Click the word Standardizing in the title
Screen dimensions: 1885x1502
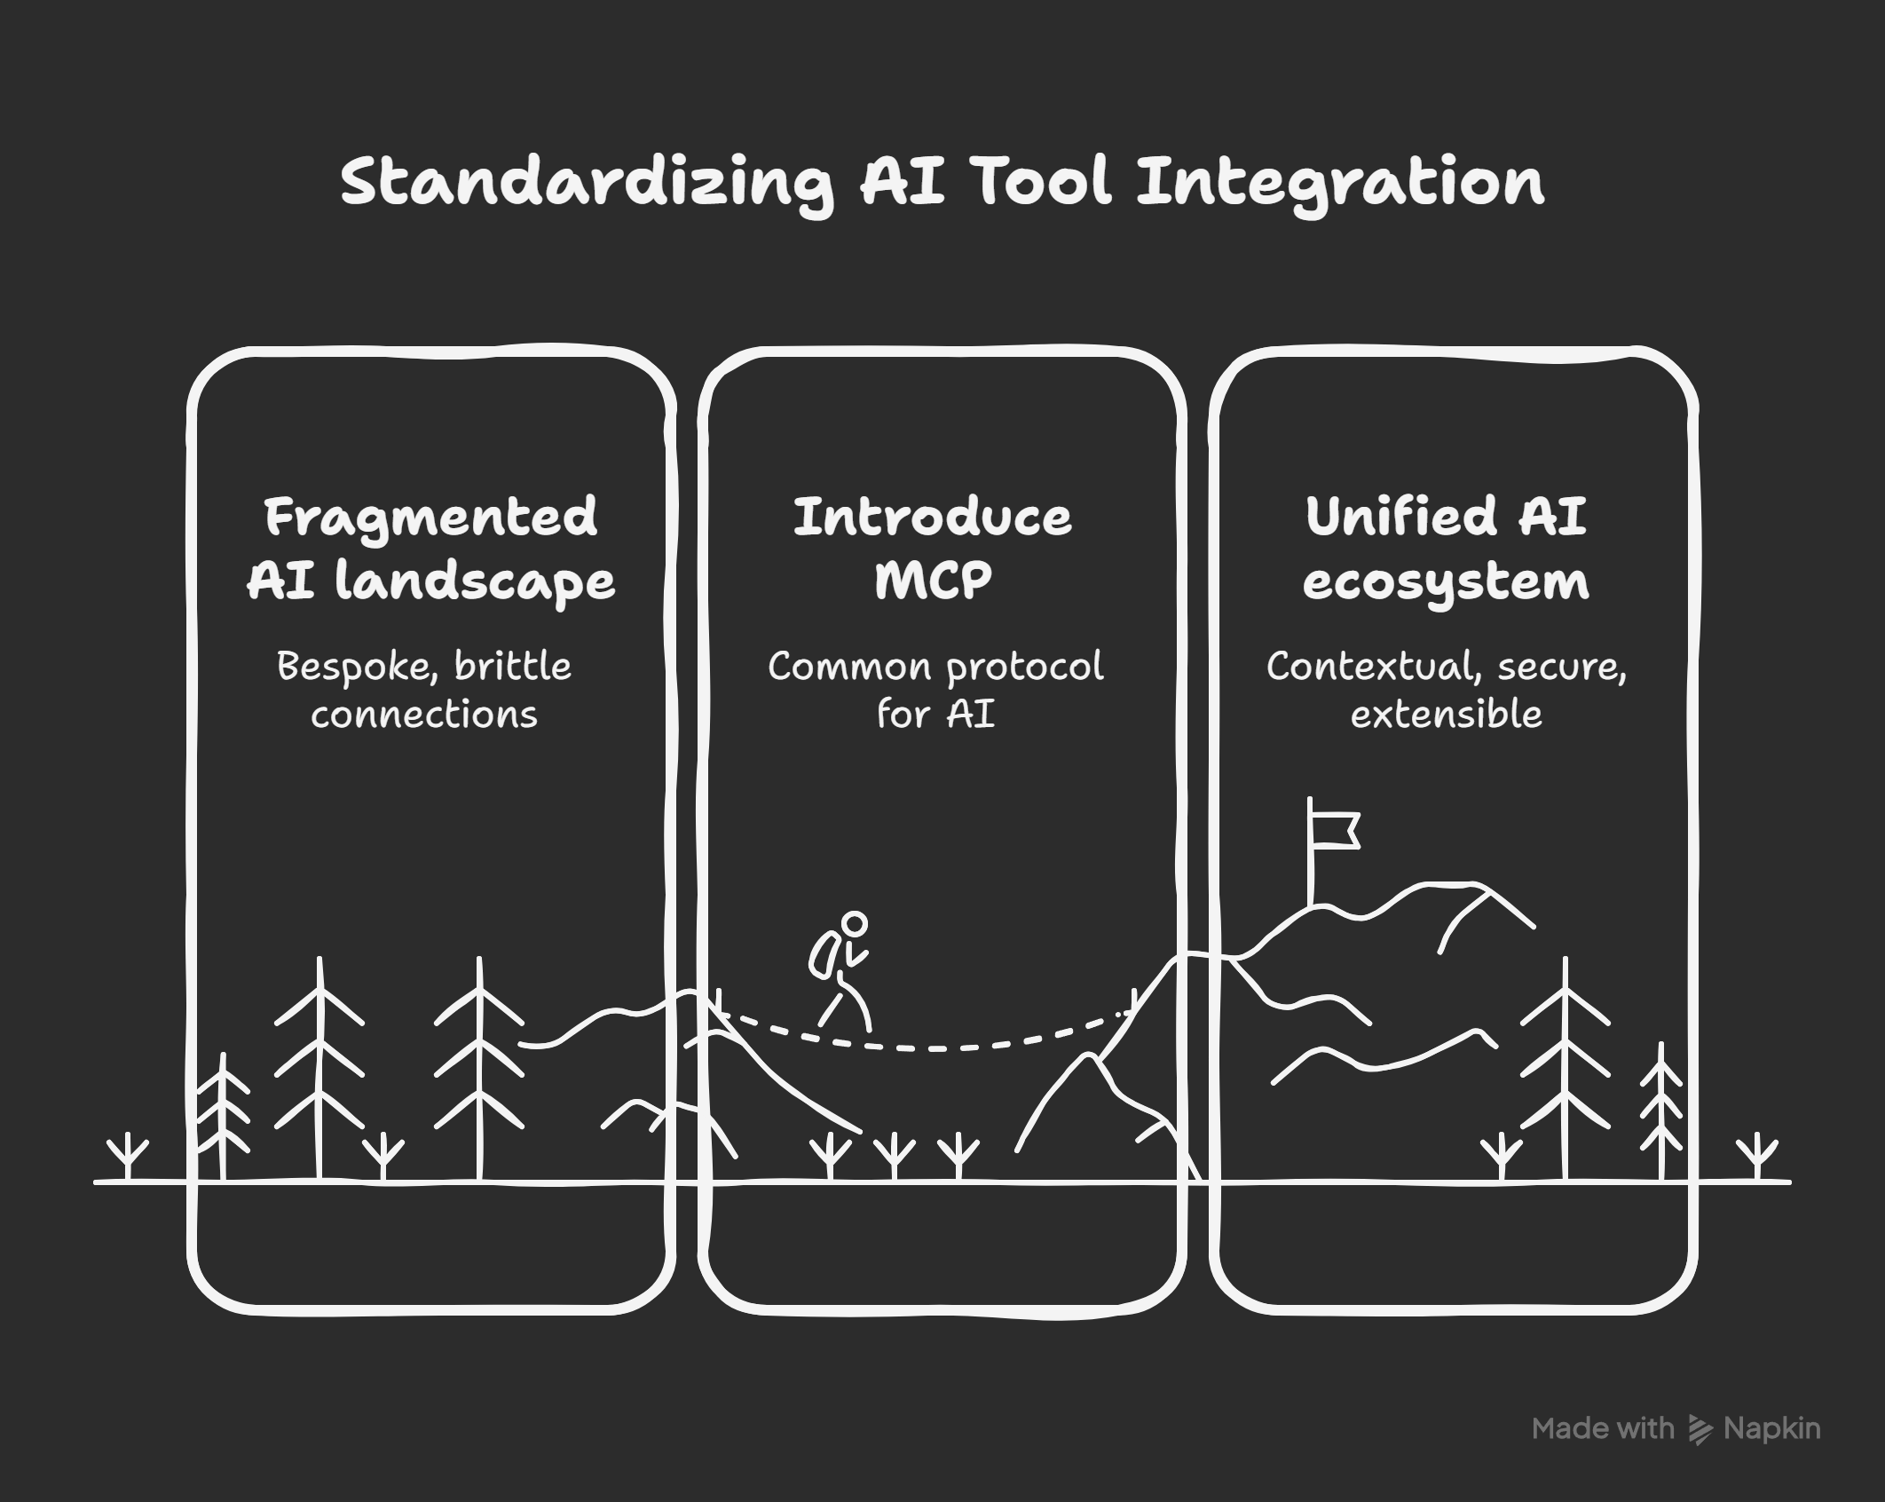point(586,184)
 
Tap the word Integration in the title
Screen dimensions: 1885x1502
point(1340,184)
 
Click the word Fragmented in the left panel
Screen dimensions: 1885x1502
point(430,518)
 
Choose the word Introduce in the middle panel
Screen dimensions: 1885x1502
point(932,518)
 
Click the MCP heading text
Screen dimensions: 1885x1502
point(933,581)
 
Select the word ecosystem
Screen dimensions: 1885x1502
point(1446,581)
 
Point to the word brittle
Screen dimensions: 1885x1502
point(513,666)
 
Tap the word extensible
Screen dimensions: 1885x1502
point(1446,714)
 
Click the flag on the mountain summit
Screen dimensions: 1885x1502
point(1335,831)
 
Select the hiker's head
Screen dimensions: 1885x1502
point(854,924)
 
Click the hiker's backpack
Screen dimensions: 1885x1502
point(823,954)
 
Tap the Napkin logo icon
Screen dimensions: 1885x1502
point(1699,1428)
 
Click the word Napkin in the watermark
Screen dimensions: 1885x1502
point(1771,1428)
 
